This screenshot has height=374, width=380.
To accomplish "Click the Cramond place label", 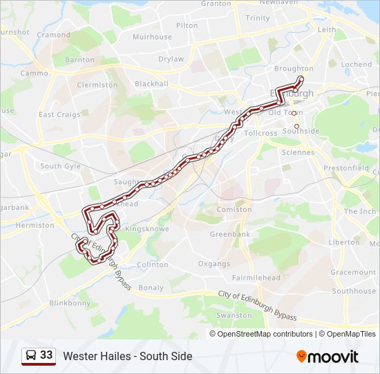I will click(53, 35).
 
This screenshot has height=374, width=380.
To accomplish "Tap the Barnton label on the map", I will click(79, 60).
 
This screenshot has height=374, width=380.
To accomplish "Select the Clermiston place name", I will click(97, 85).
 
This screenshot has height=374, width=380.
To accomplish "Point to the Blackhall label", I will click(151, 84).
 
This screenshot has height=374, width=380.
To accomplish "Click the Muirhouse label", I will click(152, 37).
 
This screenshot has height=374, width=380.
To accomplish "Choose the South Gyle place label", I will click(60, 166).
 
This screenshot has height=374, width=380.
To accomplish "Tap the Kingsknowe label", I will click(142, 228).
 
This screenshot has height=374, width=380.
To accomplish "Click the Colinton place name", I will click(153, 265).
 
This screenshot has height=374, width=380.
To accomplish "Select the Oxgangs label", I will click(213, 264).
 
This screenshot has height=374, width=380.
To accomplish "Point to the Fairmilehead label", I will click(256, 278).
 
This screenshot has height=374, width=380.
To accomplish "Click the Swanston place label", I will click(234, 315).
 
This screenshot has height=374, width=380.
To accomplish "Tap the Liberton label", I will click(344, 242).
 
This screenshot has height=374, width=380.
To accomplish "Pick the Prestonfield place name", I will click(351, 168).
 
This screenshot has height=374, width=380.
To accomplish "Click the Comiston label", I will click(234, 209).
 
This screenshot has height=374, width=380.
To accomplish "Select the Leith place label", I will click(327, 30).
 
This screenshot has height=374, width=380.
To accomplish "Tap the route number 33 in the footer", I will click(46, 355).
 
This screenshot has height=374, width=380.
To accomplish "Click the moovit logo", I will click(327, 356).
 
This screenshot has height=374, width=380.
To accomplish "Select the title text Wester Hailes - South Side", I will click(128, 356).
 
